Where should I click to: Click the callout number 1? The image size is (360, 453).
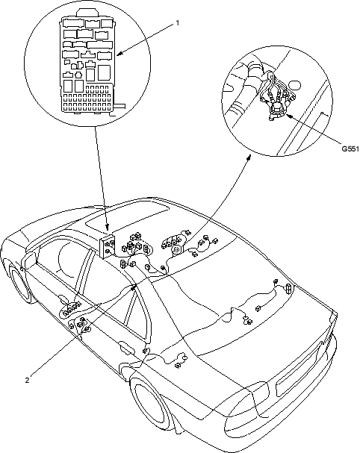[178, 22]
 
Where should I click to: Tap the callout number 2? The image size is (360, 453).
[27, 380]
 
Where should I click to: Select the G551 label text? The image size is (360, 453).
[350, 149]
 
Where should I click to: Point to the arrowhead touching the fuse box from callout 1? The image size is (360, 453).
[120, 54]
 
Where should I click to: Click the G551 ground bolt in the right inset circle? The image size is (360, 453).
[276, 110]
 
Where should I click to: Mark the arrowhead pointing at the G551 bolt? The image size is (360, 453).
[288, 116]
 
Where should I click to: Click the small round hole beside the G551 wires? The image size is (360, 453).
[296, 85]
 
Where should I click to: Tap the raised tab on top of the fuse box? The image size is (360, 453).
[87, 12]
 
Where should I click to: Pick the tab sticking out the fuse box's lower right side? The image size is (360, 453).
[120, 106]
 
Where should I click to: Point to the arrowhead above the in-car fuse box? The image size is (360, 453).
[108, 227]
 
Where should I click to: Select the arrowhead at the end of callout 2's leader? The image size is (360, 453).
[134, 287]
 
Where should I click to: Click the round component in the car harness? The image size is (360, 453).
[176, 249]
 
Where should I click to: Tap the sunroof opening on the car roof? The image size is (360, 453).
[127, 217]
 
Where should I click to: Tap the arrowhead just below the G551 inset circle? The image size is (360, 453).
[249, 157]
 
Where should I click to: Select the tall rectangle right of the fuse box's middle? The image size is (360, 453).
[104, 72]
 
